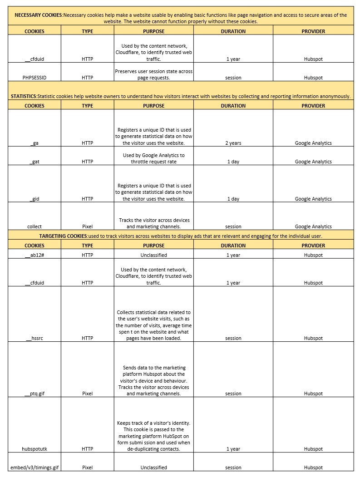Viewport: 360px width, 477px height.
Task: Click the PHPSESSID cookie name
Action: [x=35, y=78]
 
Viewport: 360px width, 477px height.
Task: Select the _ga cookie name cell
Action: [x=35, y=143]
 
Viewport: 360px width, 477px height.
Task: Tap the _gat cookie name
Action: [x=35, y=162]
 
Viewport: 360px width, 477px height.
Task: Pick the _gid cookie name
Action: [x=35, y=199]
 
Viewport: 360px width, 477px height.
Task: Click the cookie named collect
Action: [x=35, y=226]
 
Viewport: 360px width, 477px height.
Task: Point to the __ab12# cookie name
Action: [x=35, y=255]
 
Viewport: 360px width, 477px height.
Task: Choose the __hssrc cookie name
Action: [x=35, y=338]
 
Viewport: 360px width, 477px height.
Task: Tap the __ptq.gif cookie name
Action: [x=35, y=393]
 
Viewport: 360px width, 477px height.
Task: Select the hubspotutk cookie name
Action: [x=35, y=449]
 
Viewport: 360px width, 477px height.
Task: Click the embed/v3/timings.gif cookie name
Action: [x=35, y=467]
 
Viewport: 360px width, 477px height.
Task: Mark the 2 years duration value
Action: [x=233, y=143]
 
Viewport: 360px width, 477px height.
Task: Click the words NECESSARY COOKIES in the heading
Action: [x=39, y=15]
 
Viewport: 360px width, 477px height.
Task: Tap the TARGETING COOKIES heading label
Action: [x=63, y=236]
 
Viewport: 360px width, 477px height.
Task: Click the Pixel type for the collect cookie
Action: [x=88, y=226]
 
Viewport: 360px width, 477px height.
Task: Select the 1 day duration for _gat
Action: [x=233, y=162]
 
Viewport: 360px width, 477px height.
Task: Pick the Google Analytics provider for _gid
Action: [x=313, y=199]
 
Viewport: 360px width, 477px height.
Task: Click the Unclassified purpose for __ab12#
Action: [x=153, y=255]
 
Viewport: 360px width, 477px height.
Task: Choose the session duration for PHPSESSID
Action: [x=233, y=78]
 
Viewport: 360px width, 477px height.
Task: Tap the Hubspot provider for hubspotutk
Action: [x=313, y=449]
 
